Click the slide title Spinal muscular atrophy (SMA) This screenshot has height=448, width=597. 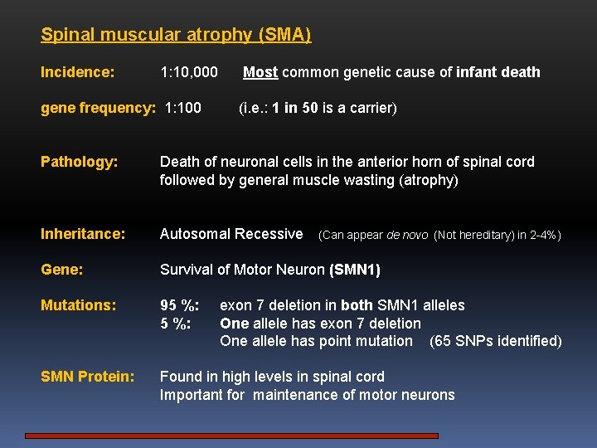click(176, 35)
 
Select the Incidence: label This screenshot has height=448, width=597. click(78, 72)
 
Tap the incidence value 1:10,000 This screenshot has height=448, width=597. click(188, 72)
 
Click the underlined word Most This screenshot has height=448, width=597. click(260, 72)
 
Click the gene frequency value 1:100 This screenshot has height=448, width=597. click(183, 108)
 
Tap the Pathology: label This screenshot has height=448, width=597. click(80, 162)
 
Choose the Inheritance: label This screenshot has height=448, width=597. click(83, 234)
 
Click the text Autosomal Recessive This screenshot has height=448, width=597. click(231, 234)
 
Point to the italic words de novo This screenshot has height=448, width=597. click(406, 235)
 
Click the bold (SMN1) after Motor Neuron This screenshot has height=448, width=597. click(354, 270)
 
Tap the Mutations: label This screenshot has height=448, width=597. click(78, 305)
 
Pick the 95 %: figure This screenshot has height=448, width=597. click(179, 305)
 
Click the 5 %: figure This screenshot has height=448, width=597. click(176, 324)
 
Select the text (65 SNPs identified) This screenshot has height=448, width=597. click(495, 341)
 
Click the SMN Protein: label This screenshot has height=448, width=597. click(87, 377)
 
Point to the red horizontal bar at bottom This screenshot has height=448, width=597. click(231, 435)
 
